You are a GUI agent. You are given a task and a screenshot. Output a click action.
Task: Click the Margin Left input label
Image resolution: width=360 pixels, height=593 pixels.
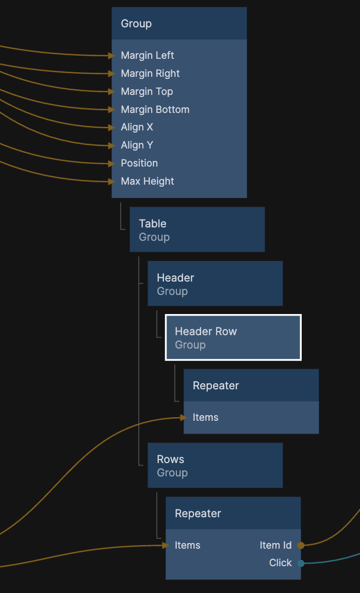click(148, 56)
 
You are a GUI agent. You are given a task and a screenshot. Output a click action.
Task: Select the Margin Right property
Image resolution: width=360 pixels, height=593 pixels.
click(150, 74)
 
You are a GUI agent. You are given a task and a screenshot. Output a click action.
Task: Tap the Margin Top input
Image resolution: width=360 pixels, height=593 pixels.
click(147, 92)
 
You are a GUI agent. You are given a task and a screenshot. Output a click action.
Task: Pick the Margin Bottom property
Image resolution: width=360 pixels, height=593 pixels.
click(155, 109)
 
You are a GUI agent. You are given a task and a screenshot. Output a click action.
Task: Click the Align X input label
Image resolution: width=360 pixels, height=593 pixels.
click(137, 127)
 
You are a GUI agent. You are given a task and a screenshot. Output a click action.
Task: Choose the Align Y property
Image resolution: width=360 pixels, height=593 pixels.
click(137, 145)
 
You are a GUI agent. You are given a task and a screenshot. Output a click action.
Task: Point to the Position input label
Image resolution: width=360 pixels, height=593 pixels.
click(139, 163)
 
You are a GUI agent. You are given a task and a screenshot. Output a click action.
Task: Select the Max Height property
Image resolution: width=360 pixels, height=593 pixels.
click(148, 182)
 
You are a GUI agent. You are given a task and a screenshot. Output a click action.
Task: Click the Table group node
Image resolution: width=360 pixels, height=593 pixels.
click(197, 229)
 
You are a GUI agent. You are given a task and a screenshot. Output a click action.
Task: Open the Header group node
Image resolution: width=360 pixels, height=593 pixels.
click(215, 284)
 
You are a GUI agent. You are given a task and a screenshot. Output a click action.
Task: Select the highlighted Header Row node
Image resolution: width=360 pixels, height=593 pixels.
click(233, 337)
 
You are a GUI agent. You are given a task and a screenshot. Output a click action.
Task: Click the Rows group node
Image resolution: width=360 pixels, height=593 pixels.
click(215, 465)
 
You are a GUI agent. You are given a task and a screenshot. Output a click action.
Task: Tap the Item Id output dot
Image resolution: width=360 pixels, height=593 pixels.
click(301, 545)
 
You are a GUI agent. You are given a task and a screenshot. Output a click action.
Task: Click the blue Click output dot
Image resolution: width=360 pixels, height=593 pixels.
click(301, 563)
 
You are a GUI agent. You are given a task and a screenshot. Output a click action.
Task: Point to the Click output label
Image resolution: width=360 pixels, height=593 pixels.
click(281, 563)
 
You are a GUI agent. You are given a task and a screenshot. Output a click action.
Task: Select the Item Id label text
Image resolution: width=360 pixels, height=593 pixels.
click(276, 545)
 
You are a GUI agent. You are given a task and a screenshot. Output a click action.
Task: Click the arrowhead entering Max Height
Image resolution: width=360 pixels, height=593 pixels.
click(111, 182)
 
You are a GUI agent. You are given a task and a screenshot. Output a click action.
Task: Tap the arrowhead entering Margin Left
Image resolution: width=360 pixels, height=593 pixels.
click(111, 56)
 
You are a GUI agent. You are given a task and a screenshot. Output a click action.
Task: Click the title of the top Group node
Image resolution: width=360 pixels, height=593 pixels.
click(136, 24)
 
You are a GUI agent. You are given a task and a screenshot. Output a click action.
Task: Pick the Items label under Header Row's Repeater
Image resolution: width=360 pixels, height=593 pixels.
click(205, 417)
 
